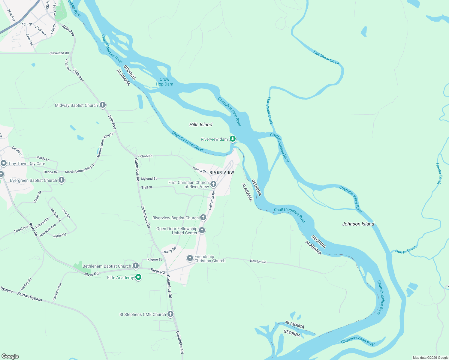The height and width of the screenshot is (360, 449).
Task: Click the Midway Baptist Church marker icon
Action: point(103,105)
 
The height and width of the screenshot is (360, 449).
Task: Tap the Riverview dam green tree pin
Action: point(232,139)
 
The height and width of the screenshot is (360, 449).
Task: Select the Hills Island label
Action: point(201,124)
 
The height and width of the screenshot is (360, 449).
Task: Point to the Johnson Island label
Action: point(358,224)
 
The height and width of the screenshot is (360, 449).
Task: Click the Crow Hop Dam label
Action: point(164,82)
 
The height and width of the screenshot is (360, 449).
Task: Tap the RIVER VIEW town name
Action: point(221,172)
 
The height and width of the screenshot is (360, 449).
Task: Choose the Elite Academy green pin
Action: point(138,277)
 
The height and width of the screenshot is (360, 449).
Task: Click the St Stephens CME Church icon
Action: point(170,314)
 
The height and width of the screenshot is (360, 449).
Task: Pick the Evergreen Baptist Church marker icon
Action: point(62,180)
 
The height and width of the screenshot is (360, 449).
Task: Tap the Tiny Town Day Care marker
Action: point(4,163)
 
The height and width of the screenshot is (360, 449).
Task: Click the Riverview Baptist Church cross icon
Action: point(203,217)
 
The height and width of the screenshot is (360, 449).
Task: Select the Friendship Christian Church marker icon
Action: point(190,258)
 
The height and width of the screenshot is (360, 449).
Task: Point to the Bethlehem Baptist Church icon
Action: point(136,266)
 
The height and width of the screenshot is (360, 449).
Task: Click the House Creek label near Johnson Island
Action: point(406,250)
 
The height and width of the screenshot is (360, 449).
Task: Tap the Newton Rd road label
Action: point(258,261)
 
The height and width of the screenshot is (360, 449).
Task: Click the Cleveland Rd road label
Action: point(59,53)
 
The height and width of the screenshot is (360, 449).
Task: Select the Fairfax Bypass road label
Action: point(30,296)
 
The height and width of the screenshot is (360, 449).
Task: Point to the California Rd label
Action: point(212,200)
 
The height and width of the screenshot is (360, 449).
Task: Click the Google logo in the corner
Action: point(10,356)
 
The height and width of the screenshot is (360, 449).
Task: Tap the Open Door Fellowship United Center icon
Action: point(202,230)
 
